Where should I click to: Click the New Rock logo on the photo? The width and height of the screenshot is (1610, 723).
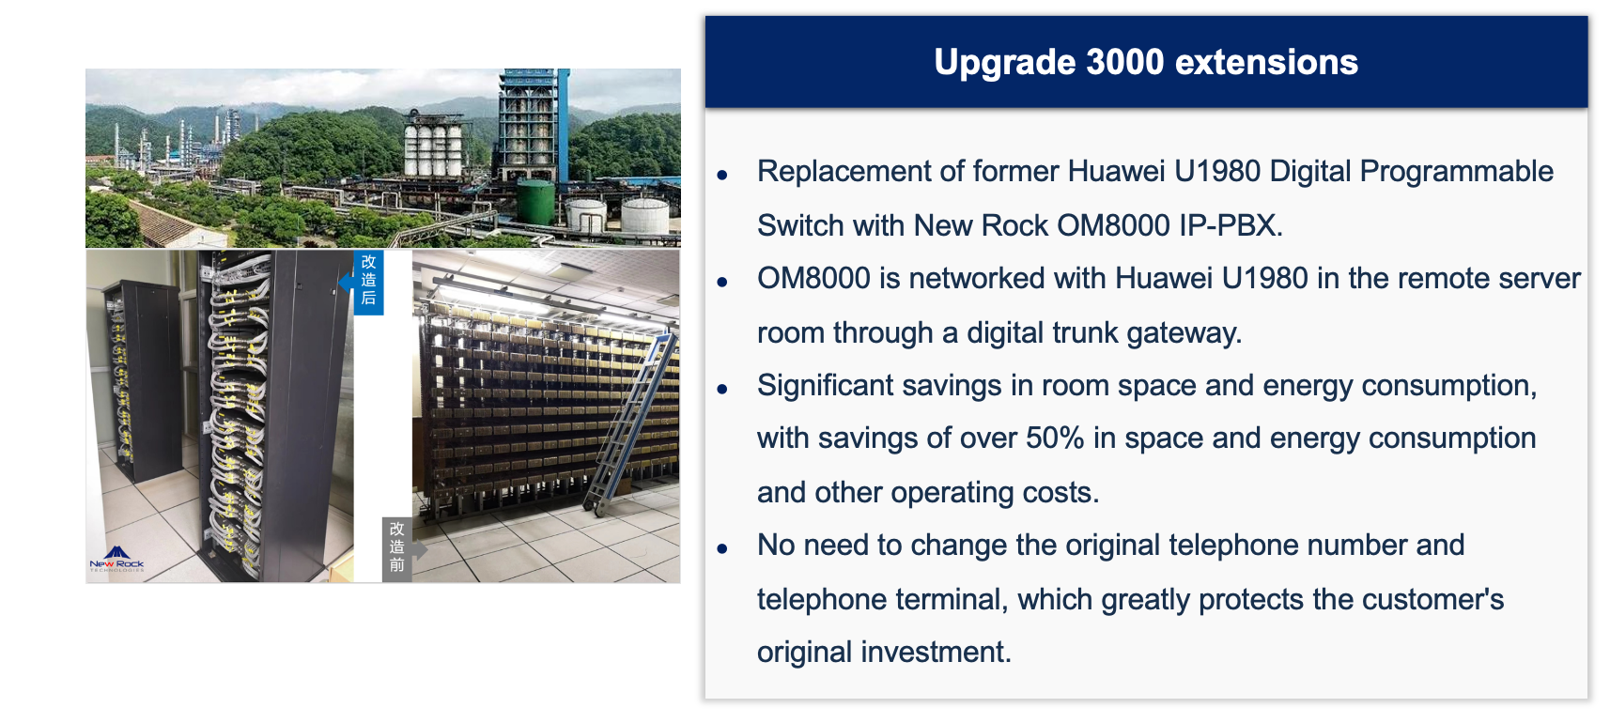(x=116, y=559)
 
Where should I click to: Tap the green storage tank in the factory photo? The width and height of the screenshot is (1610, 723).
(x=535, y=202)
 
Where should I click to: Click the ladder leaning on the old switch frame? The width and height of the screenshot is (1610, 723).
(x=630, y=424)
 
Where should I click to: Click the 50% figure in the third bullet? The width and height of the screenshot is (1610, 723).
(x=1055, y=438)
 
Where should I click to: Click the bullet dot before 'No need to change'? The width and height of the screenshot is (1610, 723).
(x=722, y=549)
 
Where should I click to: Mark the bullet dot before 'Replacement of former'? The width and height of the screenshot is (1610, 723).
(x=722, y=175)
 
